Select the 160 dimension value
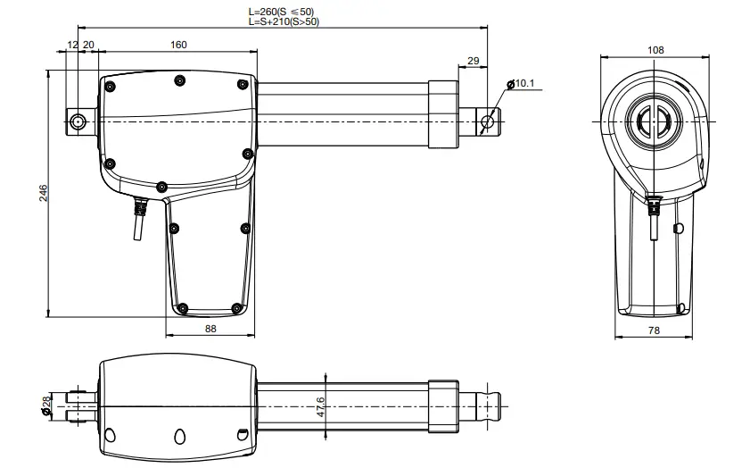click(x=178, y=44)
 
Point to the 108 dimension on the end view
click(x=655, y=51)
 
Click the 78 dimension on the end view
click(x=654, y=330)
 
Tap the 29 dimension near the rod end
click(x=473, y=60)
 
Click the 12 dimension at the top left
click(x=72, y=44)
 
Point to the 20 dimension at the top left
click(x=88, y=44)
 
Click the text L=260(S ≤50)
click(x=280, y=12)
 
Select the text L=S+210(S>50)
click(x=283, y=21)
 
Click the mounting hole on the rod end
click(x=487, y=121)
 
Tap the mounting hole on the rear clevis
click(x=78, y=121)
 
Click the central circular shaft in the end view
click(x=655, y=120)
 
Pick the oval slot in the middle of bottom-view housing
click(x=177, y=436)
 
